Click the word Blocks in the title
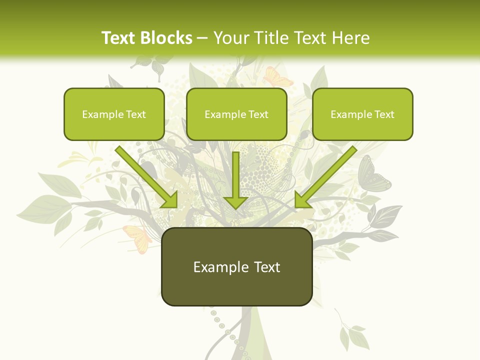coord(167,38)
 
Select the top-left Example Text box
coord(114,114)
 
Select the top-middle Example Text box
coord(236,114)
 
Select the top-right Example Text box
coord(362,114)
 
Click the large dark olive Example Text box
coord(236,266)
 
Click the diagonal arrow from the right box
coord(325,177)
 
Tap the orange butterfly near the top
coord(278,76)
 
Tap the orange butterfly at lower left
coord(137,237)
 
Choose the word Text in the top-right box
coord(383,114)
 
